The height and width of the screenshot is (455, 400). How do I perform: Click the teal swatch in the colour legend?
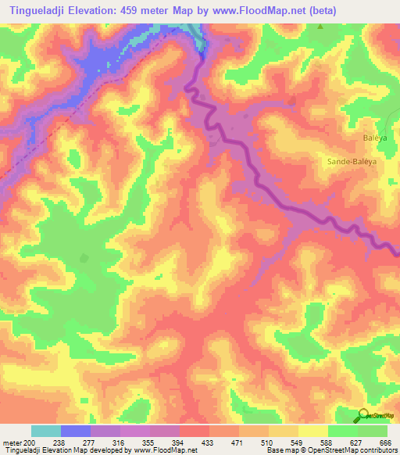click(x=46, y=431)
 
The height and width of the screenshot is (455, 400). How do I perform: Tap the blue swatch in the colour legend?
click(x=76, y=431)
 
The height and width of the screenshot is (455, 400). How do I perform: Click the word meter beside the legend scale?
click(x=12, y=443)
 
